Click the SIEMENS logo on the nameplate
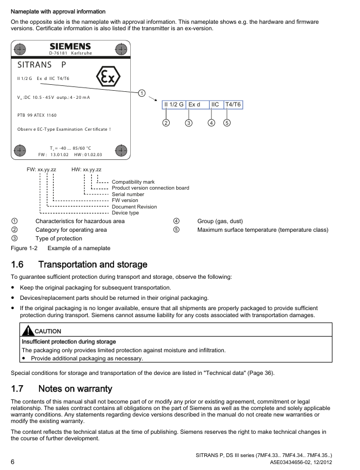(70, 46)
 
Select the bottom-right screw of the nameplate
(122, 150)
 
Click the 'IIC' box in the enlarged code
(215, 104)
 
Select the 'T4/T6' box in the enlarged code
(233, 104)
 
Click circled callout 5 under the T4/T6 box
(227, 122)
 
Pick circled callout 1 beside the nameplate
(142, 93)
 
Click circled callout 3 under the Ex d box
(189, 122)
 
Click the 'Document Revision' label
(134, 206)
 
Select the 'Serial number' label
(128, 194)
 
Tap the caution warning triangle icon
(27, 331)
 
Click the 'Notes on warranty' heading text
(76, 388)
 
